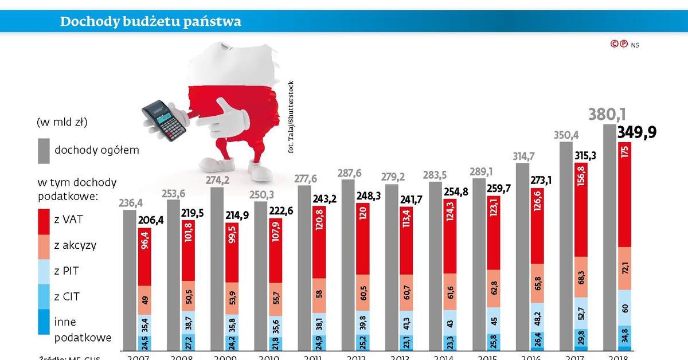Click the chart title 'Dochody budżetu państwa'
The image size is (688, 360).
coord(151,22)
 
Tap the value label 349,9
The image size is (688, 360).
coord(636,133)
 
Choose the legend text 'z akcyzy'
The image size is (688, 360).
coord(75,245)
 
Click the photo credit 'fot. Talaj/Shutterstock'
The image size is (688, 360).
coord(291,115)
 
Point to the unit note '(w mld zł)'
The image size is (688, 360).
coord(62,122)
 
